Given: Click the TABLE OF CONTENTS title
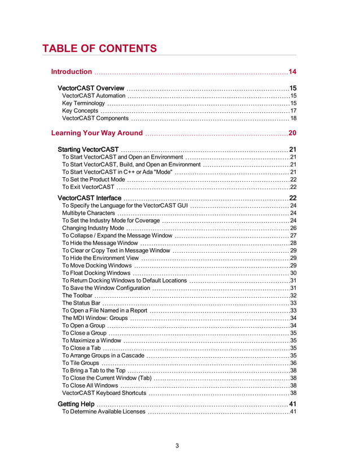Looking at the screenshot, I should pos(99,49).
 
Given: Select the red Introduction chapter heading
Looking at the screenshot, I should pos(71,72).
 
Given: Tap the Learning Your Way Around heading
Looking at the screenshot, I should pos(96,133).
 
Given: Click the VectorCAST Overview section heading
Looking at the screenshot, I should pos(91,89).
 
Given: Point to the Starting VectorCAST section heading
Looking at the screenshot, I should pos(88,150).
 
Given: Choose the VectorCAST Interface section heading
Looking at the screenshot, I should pos(89,199).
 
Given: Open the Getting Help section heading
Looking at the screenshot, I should pos(76,405).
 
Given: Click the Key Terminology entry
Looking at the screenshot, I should pos(84,104).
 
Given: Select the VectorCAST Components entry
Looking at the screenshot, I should pos(95,118).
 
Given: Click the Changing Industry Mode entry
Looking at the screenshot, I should pos(93,228).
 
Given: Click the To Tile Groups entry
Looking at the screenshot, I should pos(81,363).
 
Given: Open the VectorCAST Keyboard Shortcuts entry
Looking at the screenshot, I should pos(104,393).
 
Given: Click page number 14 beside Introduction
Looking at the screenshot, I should pos(292,72).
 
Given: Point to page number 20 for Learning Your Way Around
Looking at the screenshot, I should pos(292,133).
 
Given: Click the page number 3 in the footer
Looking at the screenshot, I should pos(177,446).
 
